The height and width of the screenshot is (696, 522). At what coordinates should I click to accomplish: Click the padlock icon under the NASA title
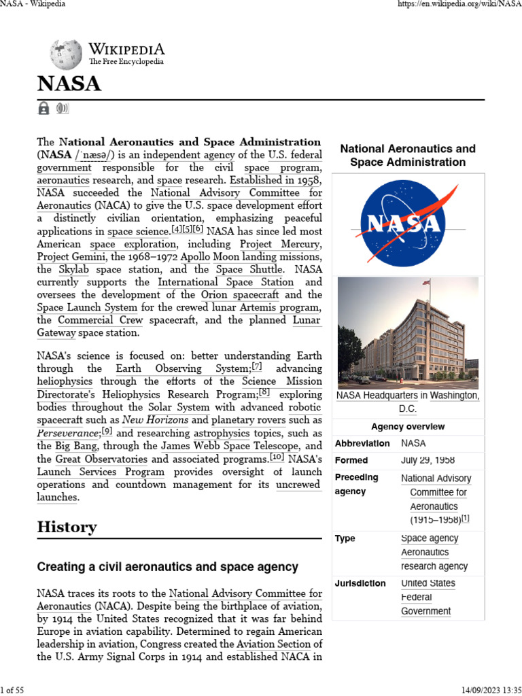click(x=43, y=108)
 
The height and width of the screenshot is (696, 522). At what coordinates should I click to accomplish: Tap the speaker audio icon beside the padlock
click(x=63, y=108)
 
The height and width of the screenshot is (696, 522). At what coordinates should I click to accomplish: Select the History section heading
click(x=67, y=527)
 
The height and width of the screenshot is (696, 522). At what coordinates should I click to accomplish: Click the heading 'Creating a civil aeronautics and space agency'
click(x=167, y=566)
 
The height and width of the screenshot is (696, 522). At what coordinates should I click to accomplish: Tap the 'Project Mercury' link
click(x=281, y=244)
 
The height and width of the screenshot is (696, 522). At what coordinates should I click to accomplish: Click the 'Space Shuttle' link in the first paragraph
click(x=249, y=269)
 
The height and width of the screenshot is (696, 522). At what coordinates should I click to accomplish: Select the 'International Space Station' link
click(x=226, y=282)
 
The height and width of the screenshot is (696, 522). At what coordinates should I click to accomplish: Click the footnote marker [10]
click(x=277, y=458)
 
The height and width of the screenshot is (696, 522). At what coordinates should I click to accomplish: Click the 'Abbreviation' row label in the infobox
click(x=362, y=443)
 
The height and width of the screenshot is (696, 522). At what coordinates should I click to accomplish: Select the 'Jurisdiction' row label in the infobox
click(x=360, y=583)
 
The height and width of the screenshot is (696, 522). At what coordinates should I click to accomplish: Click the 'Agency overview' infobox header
click(x=408, y=427)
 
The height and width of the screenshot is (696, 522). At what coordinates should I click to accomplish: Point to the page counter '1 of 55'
click(x=12, y=691)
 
